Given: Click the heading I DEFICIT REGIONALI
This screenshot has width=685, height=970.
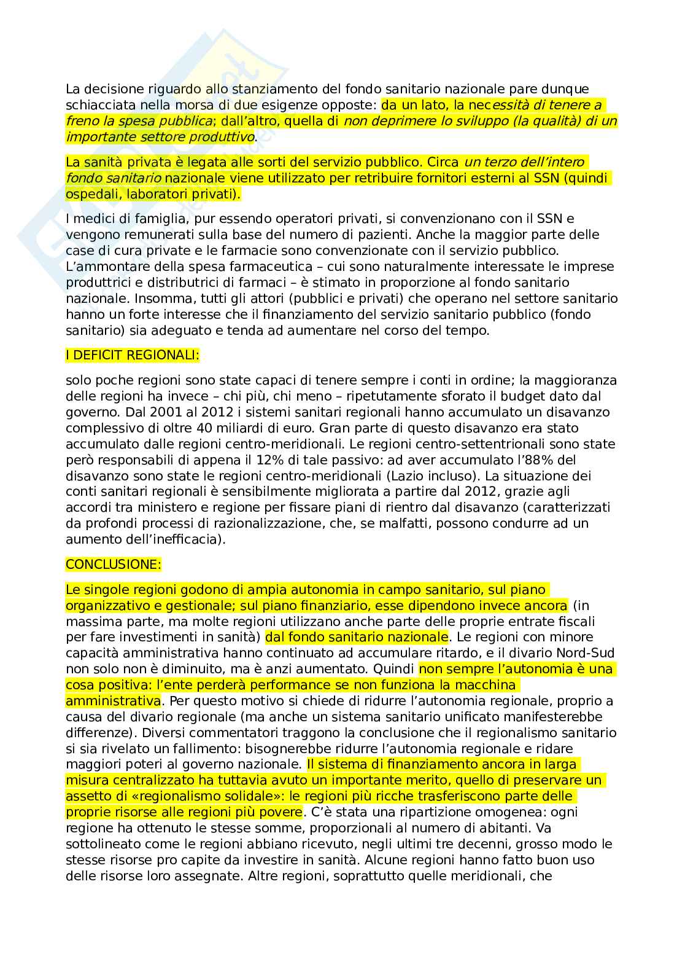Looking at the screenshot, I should tap(132, 355).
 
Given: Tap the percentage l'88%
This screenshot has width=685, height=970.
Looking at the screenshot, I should tap(521, 460).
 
